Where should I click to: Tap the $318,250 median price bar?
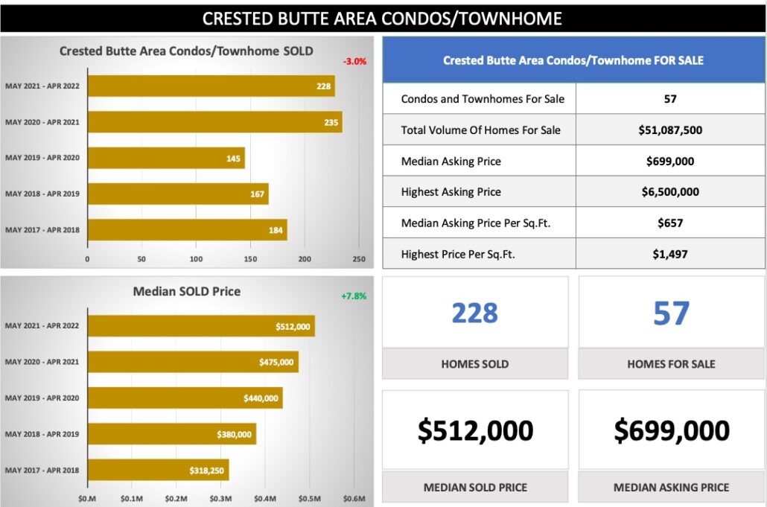pos(158,471)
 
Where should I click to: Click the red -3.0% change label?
pos(354,62)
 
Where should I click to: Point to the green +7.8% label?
pos(354,296)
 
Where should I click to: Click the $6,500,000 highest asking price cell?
pos(670,191)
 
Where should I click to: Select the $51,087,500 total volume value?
pos(670,130)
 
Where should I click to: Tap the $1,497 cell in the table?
pos(670,254)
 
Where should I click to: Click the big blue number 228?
pos(475,313)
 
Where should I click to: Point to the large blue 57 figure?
pos(671,313)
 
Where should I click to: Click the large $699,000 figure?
pos(672,430)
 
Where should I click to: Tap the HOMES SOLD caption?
pos(475,364)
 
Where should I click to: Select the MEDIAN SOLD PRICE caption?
pos(475,488)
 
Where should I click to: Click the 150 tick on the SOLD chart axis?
pos(250,259)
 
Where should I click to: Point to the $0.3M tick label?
pos(220,498)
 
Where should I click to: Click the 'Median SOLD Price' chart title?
pos(187,291)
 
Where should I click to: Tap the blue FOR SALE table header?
pos(573,60)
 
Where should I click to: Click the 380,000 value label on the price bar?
pos(235,434)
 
